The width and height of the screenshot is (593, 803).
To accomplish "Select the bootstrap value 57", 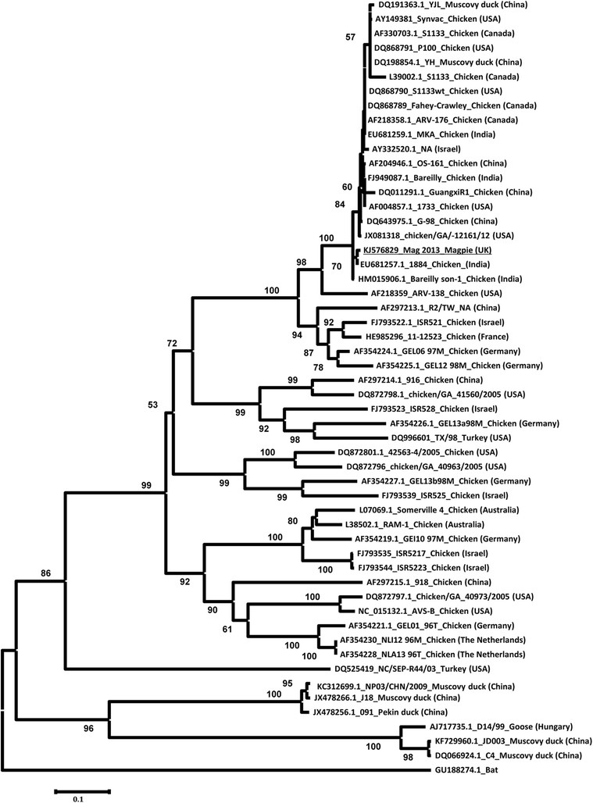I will click(x=350, y=37).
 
